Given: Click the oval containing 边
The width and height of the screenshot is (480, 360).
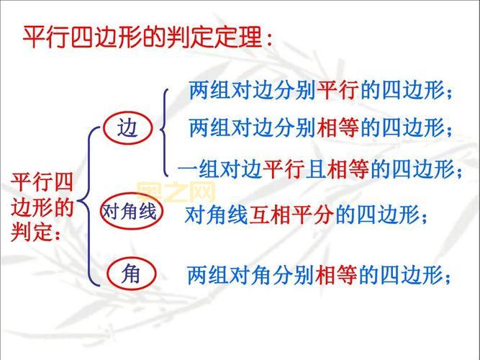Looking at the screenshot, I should (129, 129).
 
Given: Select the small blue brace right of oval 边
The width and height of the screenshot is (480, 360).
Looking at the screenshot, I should (166, 130).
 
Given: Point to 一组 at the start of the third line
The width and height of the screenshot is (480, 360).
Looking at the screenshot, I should (197, 169).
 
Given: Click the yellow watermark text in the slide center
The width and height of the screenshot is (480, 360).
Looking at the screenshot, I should (176, 192).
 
